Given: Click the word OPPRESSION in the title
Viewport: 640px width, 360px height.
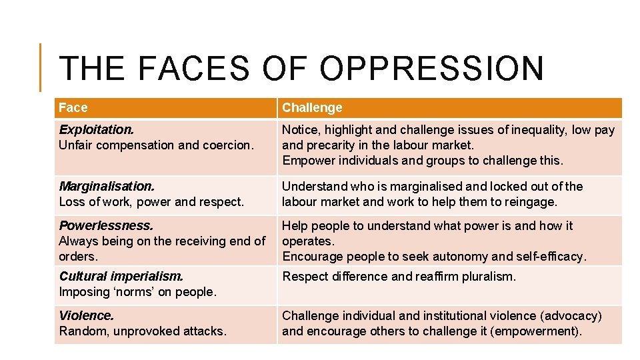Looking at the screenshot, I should pyautogui.click(x=431, y=69).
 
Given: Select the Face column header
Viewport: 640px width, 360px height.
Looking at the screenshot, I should pyautogui.click(x=73, y=107).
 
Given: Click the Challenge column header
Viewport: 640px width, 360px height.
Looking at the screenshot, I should pyautogui.click(x=312, y=107).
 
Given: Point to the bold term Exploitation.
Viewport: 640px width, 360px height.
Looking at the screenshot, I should pyautogui.click(x=96, y=129).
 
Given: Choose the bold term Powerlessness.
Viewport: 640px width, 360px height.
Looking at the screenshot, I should pyautogui.click(x=106, y=225).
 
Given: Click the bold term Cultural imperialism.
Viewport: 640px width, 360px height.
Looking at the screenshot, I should pyautogui.click(x=121, y=276).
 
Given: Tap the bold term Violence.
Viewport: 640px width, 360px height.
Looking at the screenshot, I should pyautogui.click(x=86, y=315).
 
